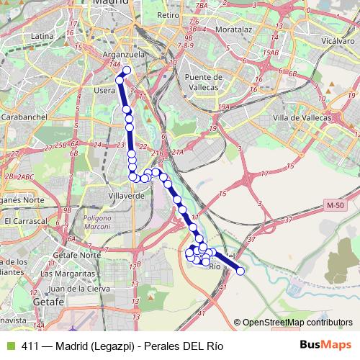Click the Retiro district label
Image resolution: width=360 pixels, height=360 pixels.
pos(167,14)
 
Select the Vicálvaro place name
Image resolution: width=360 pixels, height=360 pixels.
pos(337,42)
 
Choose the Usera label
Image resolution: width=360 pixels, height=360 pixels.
pos(106,91)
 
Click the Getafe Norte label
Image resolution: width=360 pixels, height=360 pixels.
pos(69,255)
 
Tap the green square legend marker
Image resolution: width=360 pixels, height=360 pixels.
pos(10,346)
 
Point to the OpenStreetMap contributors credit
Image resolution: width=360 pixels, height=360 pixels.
pos(297,323)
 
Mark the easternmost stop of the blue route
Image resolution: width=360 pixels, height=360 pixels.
pos(240,271)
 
